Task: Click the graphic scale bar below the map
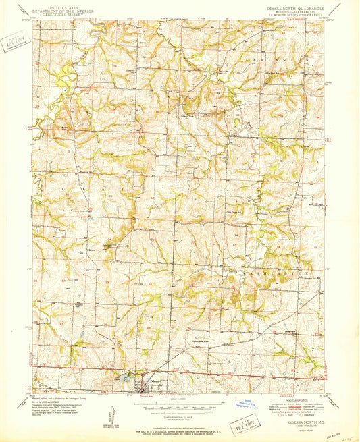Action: [x=180, y=407]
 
